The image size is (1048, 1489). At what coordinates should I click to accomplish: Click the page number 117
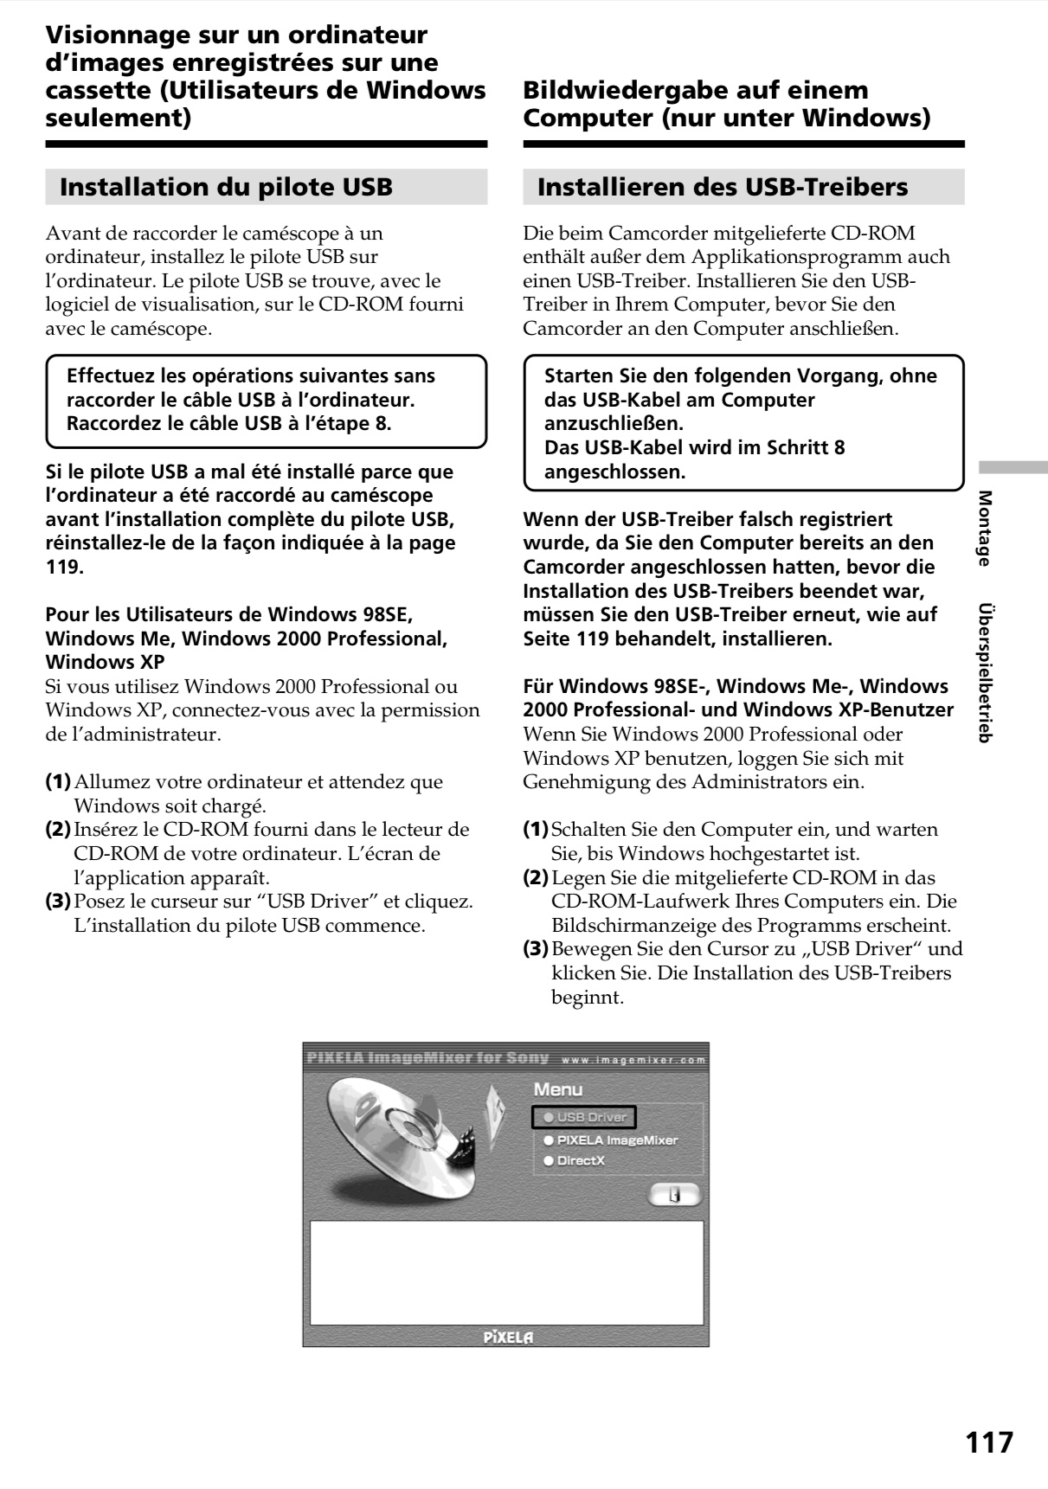[x=988, y=1442]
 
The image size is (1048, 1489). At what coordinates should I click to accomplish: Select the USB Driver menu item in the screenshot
[x=584, y=1117]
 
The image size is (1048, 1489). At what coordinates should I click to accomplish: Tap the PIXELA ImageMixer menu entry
[x=610, y=1140]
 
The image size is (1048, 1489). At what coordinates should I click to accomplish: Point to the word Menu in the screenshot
[x=557, y=1089]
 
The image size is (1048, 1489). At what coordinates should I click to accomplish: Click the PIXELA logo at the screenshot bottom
[x=508, y=1337]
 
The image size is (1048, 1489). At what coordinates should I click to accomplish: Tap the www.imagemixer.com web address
[x=633, y=1060]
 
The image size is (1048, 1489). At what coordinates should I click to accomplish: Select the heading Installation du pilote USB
[x=226, y=187]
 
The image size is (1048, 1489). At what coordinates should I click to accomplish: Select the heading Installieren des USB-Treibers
[x=723, y=187]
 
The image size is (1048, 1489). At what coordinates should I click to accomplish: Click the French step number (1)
[x=58, y=782]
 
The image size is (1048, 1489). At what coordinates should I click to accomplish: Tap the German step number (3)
[x=536, y=949]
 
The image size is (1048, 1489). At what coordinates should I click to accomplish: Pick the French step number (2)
[x=58, y=830]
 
